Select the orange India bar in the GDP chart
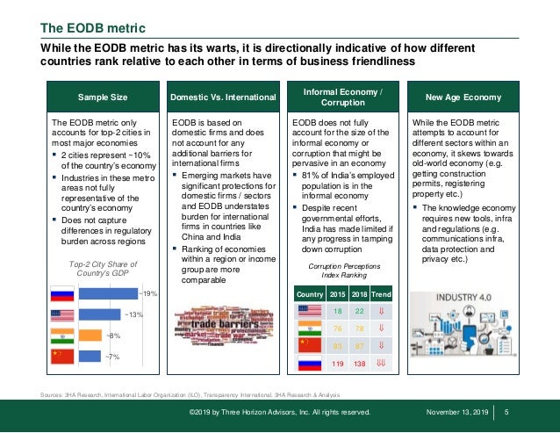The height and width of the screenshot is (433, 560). click(x=90, y=335)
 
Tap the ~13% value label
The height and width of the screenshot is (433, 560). click(x=133, y=314)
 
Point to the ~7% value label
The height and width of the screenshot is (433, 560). click(x=113, y=356)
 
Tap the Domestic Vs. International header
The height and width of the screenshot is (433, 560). click(x=224, y=96)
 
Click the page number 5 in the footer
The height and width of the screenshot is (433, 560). click(x=508, y=411)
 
